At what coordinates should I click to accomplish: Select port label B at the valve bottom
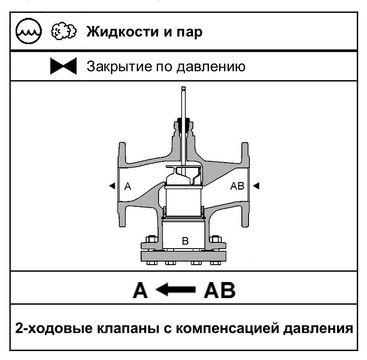[x=185, y=241]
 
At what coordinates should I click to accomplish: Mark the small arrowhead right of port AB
[x=256, y=186]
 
